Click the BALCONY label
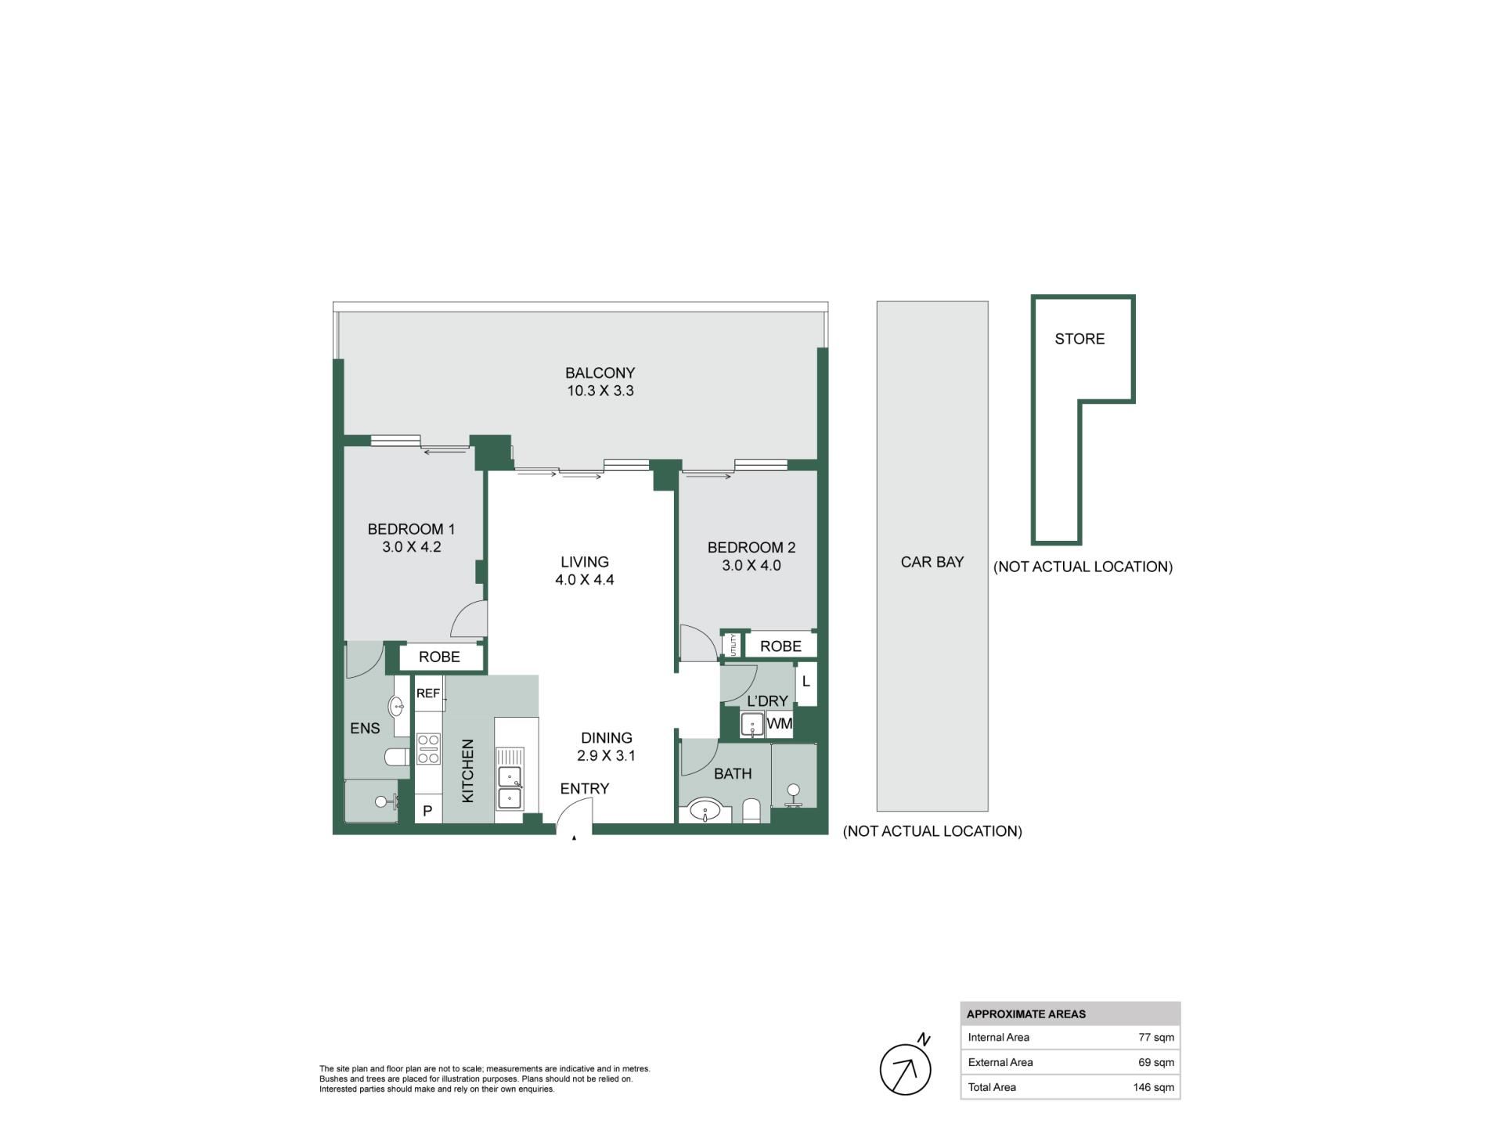coord(600,373)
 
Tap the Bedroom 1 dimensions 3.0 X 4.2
coord(412,547)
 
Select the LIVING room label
coord(585,562)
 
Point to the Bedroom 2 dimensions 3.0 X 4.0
coord(751,565)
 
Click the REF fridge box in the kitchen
coord(428,693)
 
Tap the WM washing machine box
coord(780,724)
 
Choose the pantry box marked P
coord(427,811)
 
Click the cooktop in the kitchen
coord(428,748)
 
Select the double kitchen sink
coord(510,787)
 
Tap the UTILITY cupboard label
coord(733,646)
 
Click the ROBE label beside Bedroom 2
coord(780,646)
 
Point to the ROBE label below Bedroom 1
coord(439,657)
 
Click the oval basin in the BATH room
coord(705,810)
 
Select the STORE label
coord(1079,339)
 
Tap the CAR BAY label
coord(932,562)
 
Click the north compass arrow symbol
coord(906,1069)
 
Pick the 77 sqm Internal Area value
coord(1156,1038)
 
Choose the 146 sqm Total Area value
coord(1154,1087)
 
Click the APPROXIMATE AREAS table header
coord(1026,1014)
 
